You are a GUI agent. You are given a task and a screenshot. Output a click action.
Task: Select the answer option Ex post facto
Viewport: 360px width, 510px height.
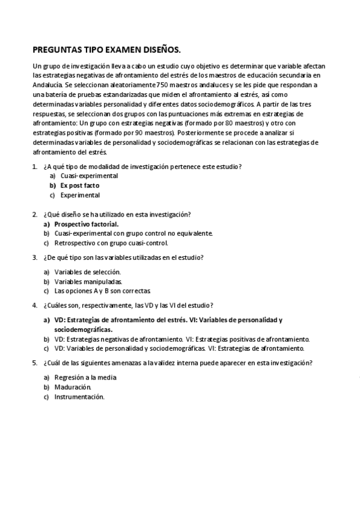click(x=79, y=185)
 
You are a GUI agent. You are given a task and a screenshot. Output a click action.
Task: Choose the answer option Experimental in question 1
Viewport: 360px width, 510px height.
click(x=80, y=195)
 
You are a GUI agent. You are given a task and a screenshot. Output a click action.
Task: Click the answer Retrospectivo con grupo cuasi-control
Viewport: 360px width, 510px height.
click(x=111, y=243)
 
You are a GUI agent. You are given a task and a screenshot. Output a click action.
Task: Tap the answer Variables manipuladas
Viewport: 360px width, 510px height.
click(x=88, y=281)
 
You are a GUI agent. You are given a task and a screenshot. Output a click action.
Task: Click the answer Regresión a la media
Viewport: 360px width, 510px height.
click(x=85, y=377)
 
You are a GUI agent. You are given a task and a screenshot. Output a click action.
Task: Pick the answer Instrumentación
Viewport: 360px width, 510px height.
click(x=79, y=396)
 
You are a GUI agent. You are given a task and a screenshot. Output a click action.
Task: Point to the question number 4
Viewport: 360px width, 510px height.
click(x=34, y=306)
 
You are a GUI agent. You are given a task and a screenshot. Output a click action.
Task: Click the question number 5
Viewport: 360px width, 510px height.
click(x=34, y=363)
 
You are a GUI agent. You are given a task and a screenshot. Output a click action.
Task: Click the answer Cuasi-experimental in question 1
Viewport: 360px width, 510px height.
click(x=89, y=176)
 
